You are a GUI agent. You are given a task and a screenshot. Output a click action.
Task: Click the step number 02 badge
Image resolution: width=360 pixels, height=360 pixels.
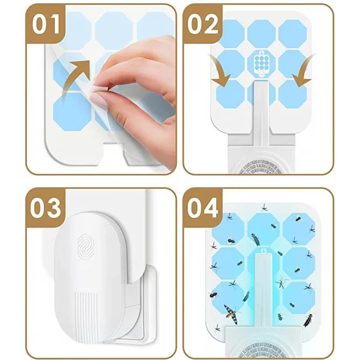pos(203,24)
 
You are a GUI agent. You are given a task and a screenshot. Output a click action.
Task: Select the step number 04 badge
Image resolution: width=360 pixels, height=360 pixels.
pos(203,208)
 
